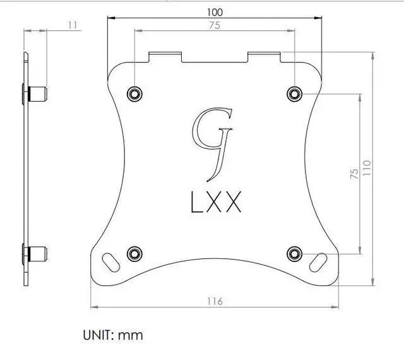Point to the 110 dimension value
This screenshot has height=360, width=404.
tap(367, 168)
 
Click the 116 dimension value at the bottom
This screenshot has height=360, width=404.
tap(215, 301)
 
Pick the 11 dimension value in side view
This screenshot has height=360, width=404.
tap(71, 25)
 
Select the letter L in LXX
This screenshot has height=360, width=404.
tap(198, 203)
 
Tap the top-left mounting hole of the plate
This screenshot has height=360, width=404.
tap(134, 93)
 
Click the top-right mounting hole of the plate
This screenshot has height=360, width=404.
tap(294, 93)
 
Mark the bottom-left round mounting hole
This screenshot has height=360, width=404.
tap(134, 253)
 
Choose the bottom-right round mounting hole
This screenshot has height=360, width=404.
tap(294, 253)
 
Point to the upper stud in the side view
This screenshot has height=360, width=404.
tap(39, 94)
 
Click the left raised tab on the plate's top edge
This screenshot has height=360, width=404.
tap(165, 56)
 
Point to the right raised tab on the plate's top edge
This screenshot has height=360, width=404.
tap(263, 56)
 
